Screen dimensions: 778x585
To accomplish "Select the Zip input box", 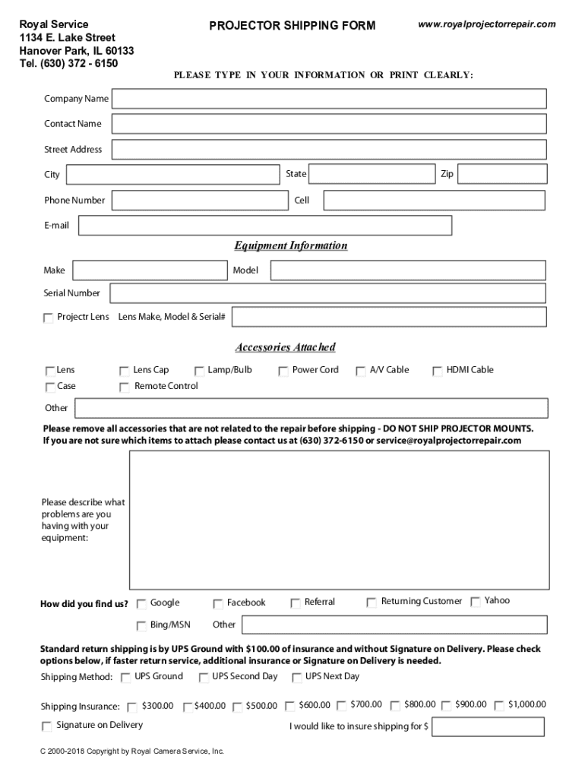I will click(501, 174).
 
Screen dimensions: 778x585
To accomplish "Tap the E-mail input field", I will click(265, 226).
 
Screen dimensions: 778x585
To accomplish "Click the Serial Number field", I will click(327, 293).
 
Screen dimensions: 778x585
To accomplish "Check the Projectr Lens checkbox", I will click(49, 318).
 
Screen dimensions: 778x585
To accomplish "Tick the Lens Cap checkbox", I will click(125, 372).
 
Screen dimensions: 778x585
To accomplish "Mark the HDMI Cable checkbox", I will click(438, 372).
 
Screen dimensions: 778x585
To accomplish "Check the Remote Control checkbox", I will click(125, 387).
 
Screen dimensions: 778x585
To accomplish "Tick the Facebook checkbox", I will click(218, 604).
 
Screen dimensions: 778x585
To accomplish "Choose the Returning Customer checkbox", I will click(372, 603).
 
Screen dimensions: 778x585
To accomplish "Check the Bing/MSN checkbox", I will click(141, 626).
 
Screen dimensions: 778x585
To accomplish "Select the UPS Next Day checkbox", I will click(297, 678).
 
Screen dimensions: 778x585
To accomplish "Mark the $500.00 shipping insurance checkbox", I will click(237, 707).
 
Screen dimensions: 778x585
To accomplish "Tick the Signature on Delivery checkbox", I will click(47, 726).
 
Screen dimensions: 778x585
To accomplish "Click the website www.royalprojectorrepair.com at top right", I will click(487, 24).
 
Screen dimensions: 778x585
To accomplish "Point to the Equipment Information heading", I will click(291, 245).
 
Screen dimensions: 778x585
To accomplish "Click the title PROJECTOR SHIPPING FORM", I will click(292, 26).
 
